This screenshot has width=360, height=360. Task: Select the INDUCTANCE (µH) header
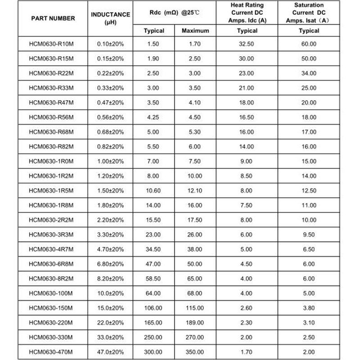click(110, 18)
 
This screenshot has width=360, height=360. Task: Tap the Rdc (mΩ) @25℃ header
click(175, 13)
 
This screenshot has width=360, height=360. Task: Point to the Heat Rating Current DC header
click(247, 13)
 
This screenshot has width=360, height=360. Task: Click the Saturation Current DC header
click(309, 13)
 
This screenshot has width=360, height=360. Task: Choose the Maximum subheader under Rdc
click(195, 31)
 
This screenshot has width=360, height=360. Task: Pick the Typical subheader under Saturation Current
click(309, 31)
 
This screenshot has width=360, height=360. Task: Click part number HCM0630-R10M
click(50, 45)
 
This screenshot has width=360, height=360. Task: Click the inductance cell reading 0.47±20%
click(110, 103)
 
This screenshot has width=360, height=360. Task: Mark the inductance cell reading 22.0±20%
click(110, 323)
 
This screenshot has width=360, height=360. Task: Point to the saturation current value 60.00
click(309, 45)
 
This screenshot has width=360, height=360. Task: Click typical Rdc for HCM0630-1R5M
click(153, 191)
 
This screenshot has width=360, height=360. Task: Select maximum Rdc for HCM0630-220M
click(195, 323)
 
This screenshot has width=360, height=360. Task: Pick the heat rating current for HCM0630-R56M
click(247, 117)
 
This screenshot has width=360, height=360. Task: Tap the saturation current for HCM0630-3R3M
click(309, 235)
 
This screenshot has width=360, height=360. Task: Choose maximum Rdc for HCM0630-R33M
click(195, 88)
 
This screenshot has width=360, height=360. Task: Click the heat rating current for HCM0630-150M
click(247, 308)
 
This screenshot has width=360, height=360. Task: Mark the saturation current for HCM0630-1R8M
click(309, 206)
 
